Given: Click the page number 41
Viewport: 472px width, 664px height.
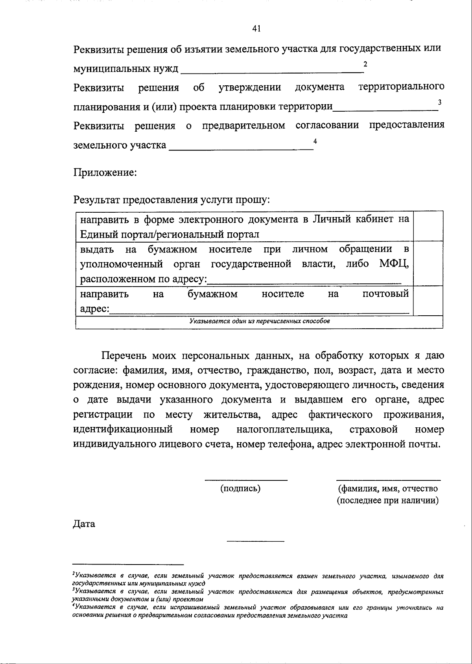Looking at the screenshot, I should coord(256,28).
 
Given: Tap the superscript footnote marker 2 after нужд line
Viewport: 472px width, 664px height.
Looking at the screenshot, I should coord(365,64).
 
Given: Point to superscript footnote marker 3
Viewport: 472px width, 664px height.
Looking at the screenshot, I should coord(440,102).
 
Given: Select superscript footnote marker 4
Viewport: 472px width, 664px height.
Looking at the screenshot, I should coord(315,141).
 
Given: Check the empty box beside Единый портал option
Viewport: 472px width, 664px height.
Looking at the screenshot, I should coord(428,226).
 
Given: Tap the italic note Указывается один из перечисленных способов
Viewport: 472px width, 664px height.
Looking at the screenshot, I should coord(259,321).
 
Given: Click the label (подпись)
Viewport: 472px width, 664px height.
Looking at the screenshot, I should coord(240,489).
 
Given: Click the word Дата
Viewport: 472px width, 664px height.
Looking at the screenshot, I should coord(84,524).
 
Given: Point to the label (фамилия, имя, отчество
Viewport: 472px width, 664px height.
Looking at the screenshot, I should coord(388,489).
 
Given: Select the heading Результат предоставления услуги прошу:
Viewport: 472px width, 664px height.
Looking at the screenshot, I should coord(171,200).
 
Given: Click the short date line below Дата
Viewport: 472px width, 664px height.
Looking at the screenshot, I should coord(255,542).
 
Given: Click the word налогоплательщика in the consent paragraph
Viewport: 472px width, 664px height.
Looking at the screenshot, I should coord(284,430).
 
